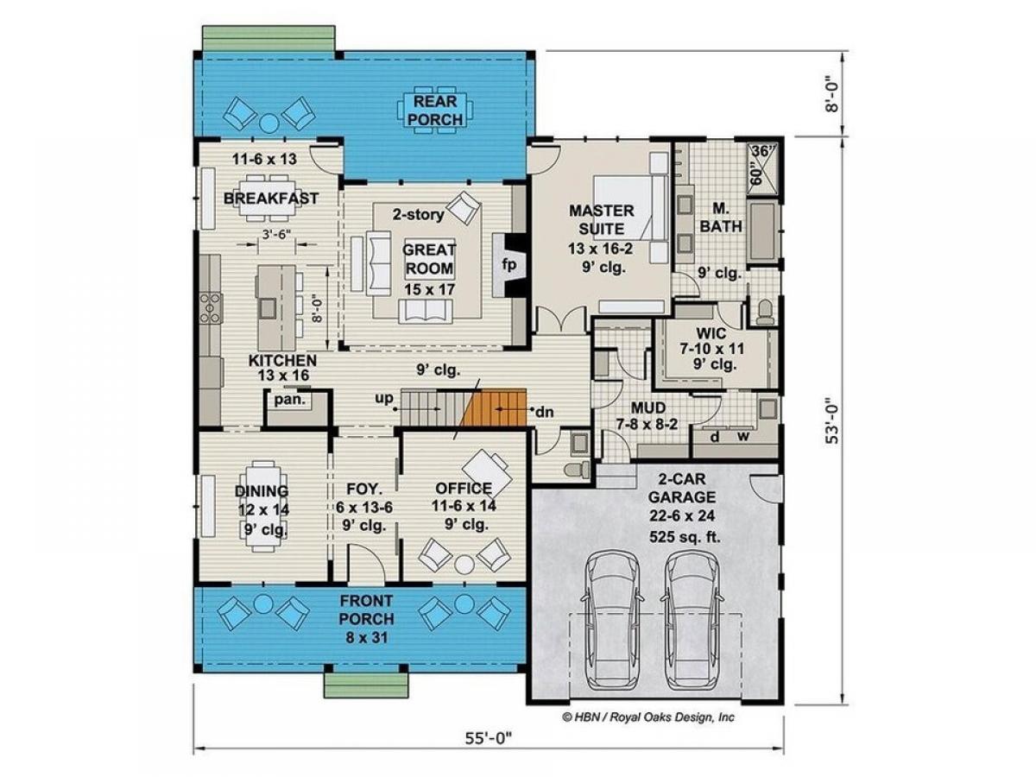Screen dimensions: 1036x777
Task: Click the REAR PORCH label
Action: [x=434, y=111]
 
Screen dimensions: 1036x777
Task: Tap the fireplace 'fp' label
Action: [x=509, y=265]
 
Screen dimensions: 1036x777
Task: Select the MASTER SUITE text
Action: [x=601, y=219]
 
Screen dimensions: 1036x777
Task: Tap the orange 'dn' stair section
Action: [x=494, y=407]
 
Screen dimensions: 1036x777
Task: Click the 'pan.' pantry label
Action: [x=290, y=400]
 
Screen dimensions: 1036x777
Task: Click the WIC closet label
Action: [x=711, y=333]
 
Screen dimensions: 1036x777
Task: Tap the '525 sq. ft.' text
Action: [x=685, y=537]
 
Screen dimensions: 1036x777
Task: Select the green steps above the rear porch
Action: [x=268, y=38]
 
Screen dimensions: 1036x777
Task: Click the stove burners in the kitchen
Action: [x=211, y=307]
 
